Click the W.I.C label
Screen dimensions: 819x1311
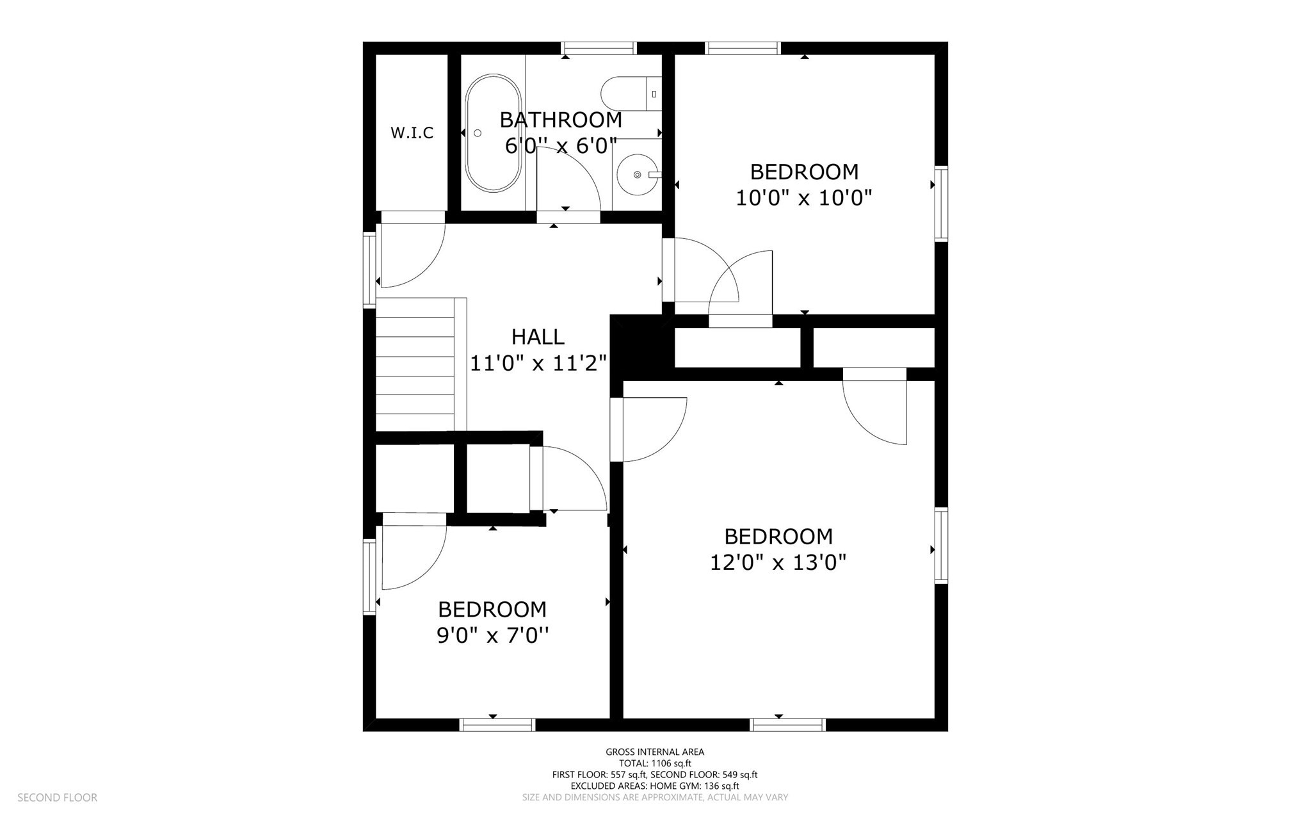412,133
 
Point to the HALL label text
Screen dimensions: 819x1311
538,337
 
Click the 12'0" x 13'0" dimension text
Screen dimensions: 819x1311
778,563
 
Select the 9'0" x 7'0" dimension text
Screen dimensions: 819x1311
492,636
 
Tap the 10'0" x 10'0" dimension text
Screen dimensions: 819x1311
804,198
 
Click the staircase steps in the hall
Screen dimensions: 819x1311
415,365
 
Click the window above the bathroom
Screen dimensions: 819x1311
599,48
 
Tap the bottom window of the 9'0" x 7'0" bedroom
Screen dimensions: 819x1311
497,725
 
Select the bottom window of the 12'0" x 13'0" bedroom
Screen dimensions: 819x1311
787,725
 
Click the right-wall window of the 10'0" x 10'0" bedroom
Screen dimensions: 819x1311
941,204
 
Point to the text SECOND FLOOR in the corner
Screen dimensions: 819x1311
57,798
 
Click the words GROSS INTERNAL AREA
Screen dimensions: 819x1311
655,752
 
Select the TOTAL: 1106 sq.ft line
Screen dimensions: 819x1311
655,763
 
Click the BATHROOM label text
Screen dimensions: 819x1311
561,120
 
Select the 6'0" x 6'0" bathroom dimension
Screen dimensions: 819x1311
561,146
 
